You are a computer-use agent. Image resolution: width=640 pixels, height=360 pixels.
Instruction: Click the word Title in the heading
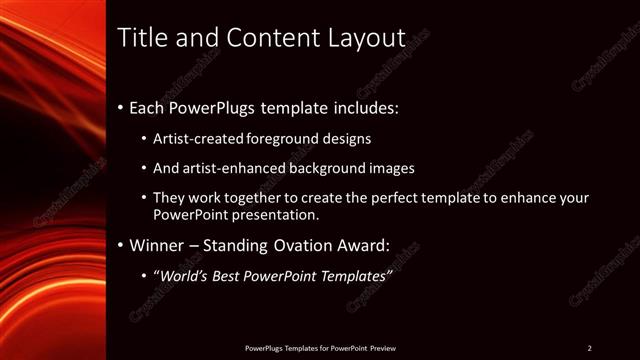pos(140,38)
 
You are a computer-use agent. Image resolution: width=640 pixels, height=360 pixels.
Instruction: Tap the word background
pos(321,168)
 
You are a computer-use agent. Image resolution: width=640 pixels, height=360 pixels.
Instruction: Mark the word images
pos(391,168)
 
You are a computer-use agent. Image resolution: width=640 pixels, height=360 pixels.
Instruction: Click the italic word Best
pos(237,275)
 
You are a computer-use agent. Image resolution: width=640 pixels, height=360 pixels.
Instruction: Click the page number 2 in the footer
pos(589,348)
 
